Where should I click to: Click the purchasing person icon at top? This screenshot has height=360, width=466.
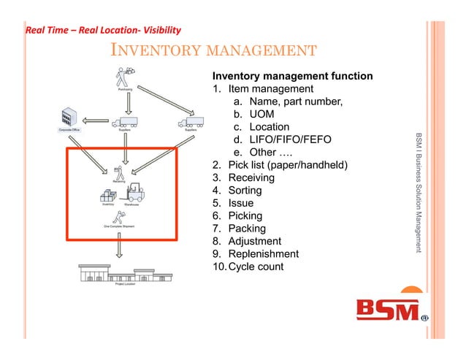[x=123, y=77]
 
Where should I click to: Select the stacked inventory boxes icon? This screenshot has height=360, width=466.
[x=108, y=196]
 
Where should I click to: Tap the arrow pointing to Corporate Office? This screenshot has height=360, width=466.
[x=93, y=121]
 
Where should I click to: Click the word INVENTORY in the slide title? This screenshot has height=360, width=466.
[x=146, y=50]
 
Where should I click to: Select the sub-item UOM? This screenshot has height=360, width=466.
[x=263, y=115]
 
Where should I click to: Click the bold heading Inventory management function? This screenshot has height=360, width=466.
[x=292, y=76]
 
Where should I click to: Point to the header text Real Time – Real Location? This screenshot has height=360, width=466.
[x=103, y=31]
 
